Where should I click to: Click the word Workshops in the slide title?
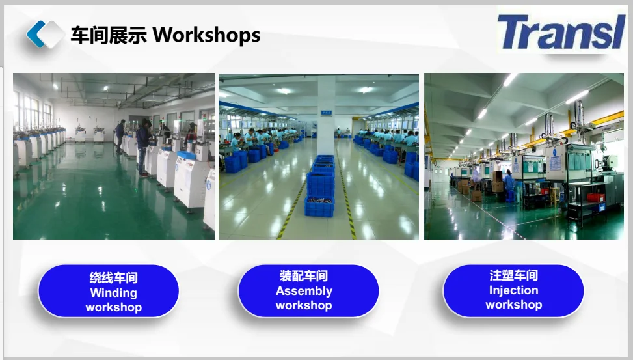pos(206,35)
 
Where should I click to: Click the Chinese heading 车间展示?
pos(109,35)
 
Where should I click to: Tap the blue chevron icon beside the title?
pos(36,34)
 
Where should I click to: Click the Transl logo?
pos(561,32)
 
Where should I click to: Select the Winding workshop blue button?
pos(109,291)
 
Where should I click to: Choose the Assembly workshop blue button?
pos(308,290)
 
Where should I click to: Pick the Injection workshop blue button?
pos(513,290)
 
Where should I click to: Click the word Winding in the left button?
pos(113,292)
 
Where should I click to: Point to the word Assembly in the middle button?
pos(304,291)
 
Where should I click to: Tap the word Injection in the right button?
pos(513,290)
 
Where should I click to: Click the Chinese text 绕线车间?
pos(113,278)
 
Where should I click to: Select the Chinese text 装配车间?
pos(304,276)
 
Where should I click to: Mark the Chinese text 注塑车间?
pos(513,275)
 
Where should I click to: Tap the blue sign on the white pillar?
pos(326,113)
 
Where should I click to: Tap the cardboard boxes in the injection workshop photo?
pos(497,182)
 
